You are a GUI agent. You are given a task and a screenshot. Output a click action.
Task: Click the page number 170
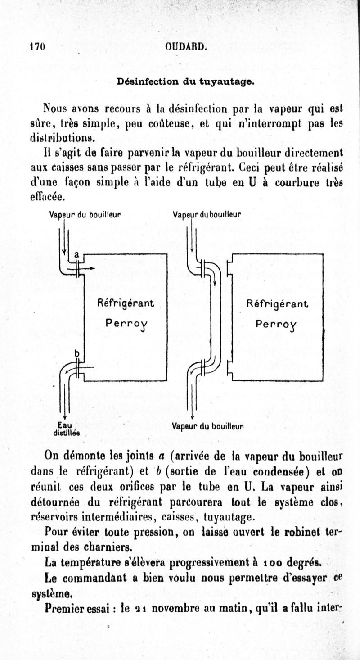pyautogui.click(x=37, y=46)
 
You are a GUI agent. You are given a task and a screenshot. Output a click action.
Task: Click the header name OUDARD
pyautogui.click(x=186, y=46)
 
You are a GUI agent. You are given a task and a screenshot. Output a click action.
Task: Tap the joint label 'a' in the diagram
pyautogui.click(x=76, y=255)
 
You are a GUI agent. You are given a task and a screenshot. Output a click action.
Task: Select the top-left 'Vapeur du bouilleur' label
pyautogui.click(x=85, y=215)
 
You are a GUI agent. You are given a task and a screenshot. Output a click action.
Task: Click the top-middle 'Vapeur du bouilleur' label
pyautogui.click(x=207, y=215)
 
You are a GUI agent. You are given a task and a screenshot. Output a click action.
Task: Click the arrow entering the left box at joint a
pyautogui.click(x=90, y=268)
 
